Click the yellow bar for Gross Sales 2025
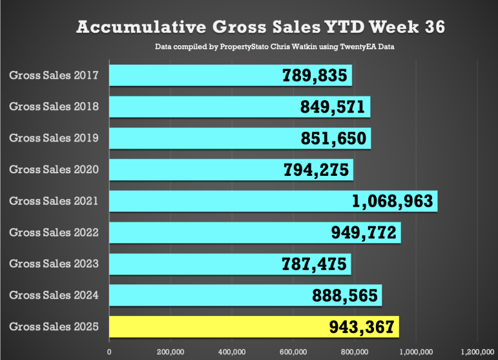click(x=194, y=327)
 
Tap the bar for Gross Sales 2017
click(x=194, y=76)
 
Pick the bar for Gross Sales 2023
click(x=194, y=264)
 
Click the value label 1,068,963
click(x=392, y=201)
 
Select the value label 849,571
click(x=333, y=107)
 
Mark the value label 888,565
click(x=341, y=295)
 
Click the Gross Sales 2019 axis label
click(x=54, y=138)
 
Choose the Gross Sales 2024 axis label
click(x=54, y=295)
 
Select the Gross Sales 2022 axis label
click(x=54, y=232)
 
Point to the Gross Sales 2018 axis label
click(x=54, y=107)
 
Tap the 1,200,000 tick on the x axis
click(x=477, y=352)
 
